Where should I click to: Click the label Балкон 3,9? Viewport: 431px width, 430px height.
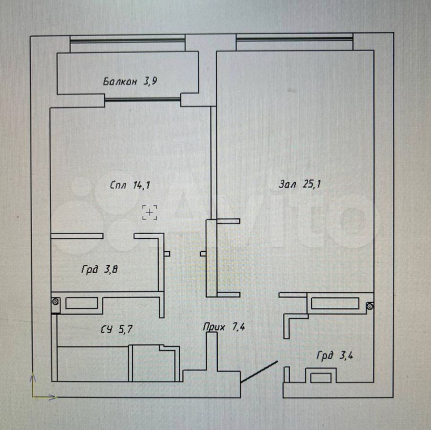tap(130, 82)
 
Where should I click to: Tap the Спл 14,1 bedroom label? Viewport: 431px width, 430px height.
tap(130, 185)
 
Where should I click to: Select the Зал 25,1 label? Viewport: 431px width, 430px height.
tap(300, 184)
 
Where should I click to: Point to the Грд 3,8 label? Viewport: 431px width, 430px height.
tap(99, 269)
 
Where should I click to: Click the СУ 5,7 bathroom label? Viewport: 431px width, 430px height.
tap(116, 329)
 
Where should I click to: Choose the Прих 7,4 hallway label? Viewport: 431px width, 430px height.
tap(224, 327)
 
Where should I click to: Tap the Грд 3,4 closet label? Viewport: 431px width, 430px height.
tap(335, 356)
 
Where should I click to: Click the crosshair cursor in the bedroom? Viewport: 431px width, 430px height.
tap(150, 212)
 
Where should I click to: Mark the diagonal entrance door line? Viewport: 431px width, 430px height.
tap(259, 372)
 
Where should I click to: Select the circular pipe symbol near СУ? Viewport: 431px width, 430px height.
tap(56, 302)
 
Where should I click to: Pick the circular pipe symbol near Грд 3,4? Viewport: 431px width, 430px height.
tap(370, 305)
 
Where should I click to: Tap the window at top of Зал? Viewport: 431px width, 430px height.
tap(294, 39)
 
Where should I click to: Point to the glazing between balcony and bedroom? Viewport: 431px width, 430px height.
tap(142, 99)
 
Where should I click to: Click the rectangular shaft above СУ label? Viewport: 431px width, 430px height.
tap(82, 303)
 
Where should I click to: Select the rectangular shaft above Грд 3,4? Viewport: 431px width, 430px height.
tap(335, 303)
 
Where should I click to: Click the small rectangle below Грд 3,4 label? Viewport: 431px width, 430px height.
tap(321, 378)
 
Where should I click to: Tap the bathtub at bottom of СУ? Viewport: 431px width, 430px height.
tap(93, 364)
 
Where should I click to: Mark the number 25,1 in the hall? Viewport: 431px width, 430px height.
tap(312, 184)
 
